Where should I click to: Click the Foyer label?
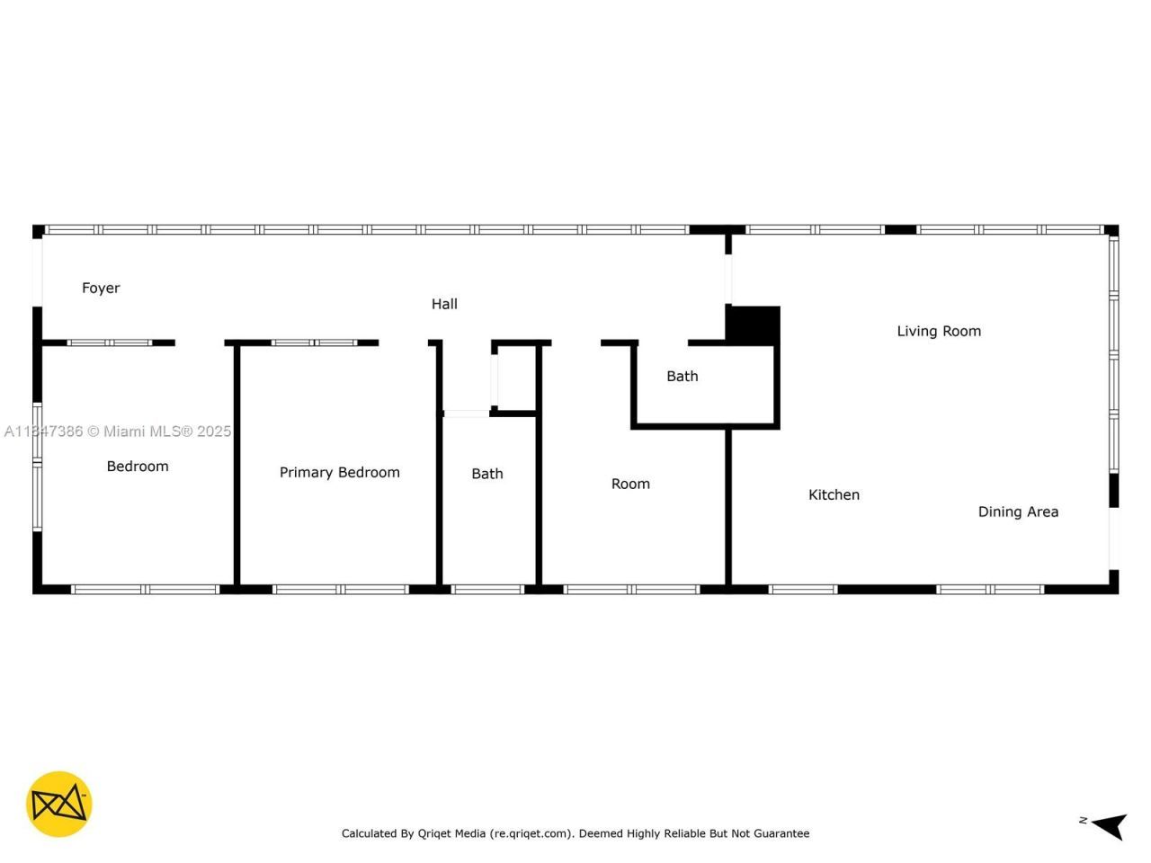[101, 289]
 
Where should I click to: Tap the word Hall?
[444, 305]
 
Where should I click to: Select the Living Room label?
[939, 332]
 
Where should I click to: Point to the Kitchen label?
[834, 495]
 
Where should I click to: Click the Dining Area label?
[1018, 512]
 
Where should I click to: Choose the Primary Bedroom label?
[339, 473]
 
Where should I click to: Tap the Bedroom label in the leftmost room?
[138, 467]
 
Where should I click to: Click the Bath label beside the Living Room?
[682, 377]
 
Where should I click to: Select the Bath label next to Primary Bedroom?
[487, 474]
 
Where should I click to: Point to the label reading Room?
[630, 485]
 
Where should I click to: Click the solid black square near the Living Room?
[753, 325]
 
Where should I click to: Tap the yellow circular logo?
[59, 804]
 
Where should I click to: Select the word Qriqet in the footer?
[438, 833]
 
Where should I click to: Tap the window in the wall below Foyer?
[110, 343]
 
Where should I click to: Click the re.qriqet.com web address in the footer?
[531, 833]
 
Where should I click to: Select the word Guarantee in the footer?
[781, 833]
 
